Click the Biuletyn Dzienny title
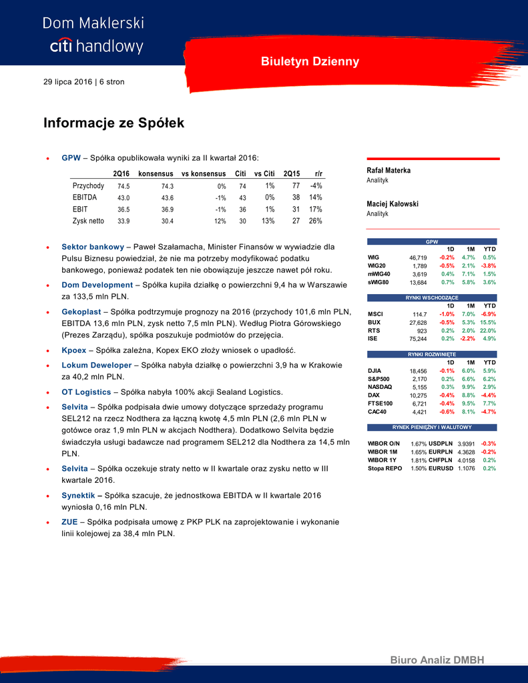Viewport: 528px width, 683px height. pyautogui.click(x=310, y=61)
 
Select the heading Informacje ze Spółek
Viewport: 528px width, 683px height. pyautogui.click(x=113, y=123)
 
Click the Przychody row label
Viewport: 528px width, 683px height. pyautogui.click(x=88, y=186)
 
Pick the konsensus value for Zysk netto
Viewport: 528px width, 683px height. pyautogui.click(x=167, y=221)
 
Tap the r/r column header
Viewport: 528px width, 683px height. pyautogui.click(x=318, y=173)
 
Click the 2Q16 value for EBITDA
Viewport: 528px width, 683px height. pyautogui.click(x=123, y=198)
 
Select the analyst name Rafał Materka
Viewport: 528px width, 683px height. pyautogui.click(x=388, y=171)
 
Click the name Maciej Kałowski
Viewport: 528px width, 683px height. pyautogui.click(x=392, y=204)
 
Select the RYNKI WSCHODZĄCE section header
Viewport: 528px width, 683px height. pyautogui.click(x=433, y=297)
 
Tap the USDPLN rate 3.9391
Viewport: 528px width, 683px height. pyautogui.click(x=465, y=444)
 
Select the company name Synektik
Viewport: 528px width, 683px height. pyautogui.click(x=81, y=496)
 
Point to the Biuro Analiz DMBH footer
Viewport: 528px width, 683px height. pyautogui.click(x=437, y=660)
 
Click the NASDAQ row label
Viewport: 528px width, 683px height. pyautogui.click(x=380, y=387)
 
